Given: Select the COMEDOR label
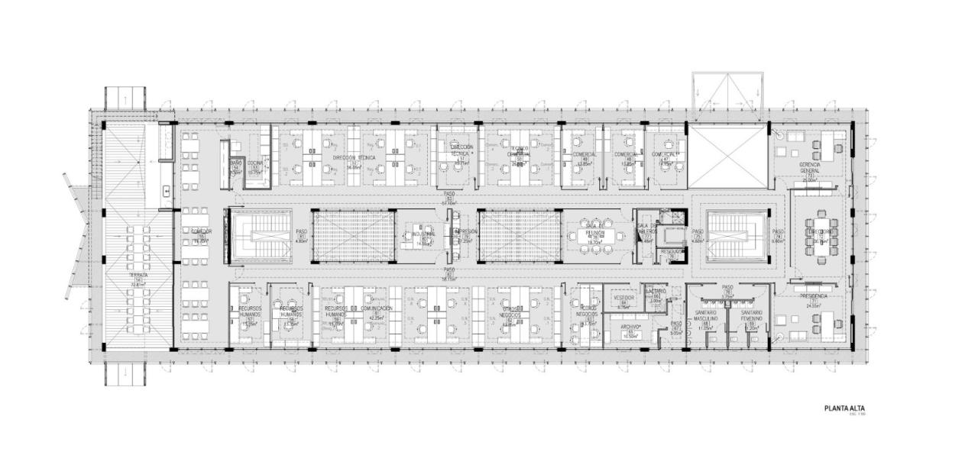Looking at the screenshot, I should tap(201, 231).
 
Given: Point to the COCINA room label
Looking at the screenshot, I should tap(255, 163).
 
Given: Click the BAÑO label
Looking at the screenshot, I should tap(236, 163).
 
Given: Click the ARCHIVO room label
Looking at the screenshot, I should tap(630, 327).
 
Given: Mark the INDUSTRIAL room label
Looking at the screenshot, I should tap(423, 234).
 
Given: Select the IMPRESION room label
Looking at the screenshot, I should tap(465, 231).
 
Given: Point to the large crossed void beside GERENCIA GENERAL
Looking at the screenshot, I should tap(727, 157).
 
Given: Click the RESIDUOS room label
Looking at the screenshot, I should tap(671, 251).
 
